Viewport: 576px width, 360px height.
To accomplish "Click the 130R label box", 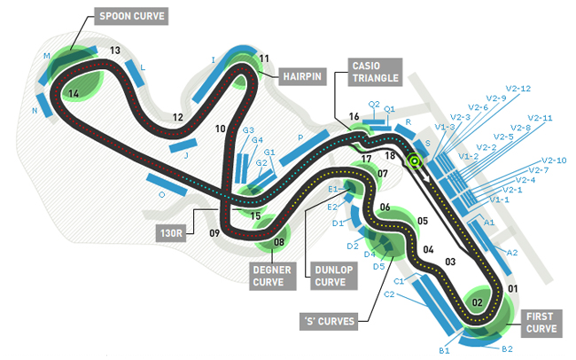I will pyautogui.click(x=171, y=233).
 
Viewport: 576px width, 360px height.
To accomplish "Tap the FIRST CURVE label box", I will pyautogui.click(x=541, y=322).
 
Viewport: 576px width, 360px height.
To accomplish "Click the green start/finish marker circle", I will pyautogui.click(x=413, y=161).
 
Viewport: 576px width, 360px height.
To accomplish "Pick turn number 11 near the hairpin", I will pyautogui.click(x=264, y=59).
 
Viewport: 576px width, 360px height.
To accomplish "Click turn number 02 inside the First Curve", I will pyautogui.click(x=477, y=302).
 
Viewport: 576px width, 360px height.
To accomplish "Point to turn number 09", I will pyautogui.click(x=214, y=233).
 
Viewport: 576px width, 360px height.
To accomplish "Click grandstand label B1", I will pyautogui.click(x=445, y=351).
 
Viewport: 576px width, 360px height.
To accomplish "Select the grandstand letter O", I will pyautogui.click(x=161, y=193).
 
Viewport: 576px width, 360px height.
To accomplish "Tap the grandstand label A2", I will pyautogui.click(x=511, y=253).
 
